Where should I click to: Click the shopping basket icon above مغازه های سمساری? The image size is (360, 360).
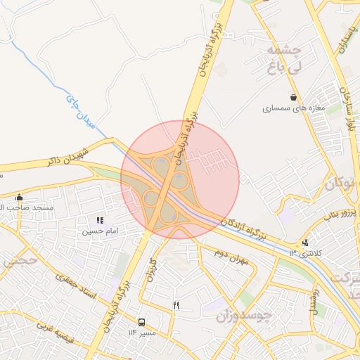pyautogui.click(x=293, y=97)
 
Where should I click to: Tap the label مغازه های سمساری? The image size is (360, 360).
pyautogui.click(x=292, y=109)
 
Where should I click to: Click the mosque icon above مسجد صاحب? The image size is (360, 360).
pyautogui.click(x=19, y=198)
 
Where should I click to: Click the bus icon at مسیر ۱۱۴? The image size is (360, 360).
pyautogui.click(x=142, y=322)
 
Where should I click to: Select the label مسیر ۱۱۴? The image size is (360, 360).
pyautogui.click(x=141, y=333)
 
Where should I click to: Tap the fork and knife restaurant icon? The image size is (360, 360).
pyautogui.click(x=176, y=305)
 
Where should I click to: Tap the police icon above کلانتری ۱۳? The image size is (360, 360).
pyautogui.click(x=305, y=243)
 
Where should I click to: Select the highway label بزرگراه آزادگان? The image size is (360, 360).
pyautogui.click(x=243, y=229)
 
